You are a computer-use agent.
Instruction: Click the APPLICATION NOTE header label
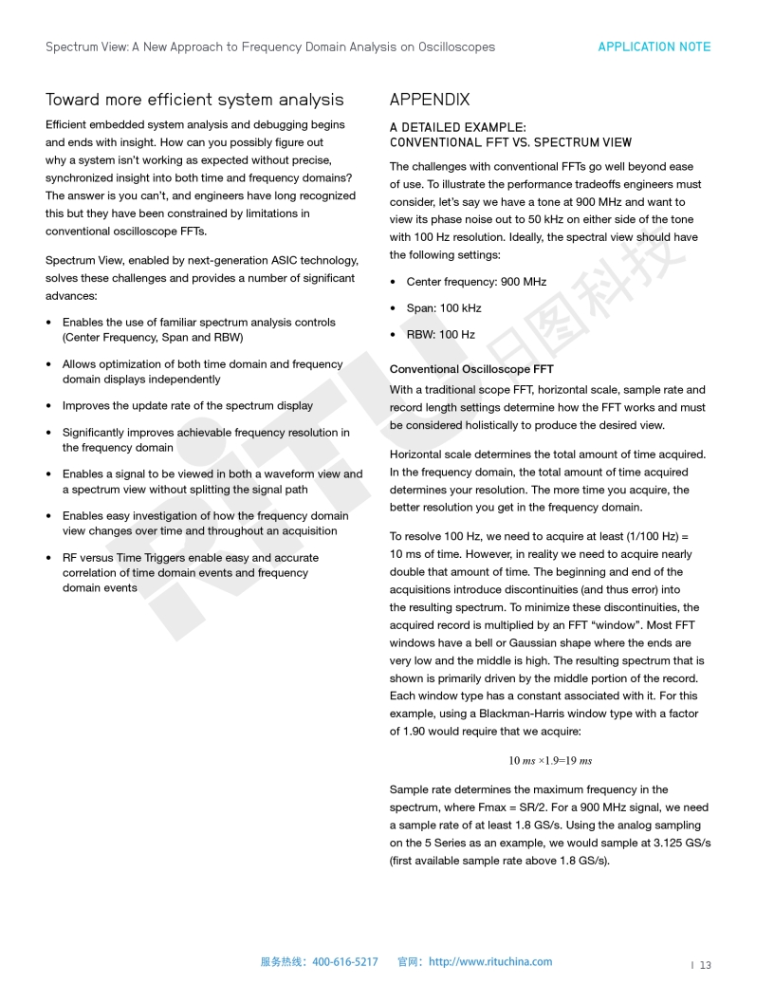pyautogui.click(x=654, y=46)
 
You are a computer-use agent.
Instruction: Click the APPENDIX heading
pyautogui.click(x=430, y=100)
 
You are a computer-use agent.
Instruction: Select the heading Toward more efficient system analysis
pyautogui.click(x=194, y=100)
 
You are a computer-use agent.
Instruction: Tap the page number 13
pyautogui.click(x=706, y=965)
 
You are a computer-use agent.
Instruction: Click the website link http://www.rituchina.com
pyautogui.click(x=489, y=961)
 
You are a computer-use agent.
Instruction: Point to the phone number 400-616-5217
pyautogui.click(x=344, y=961)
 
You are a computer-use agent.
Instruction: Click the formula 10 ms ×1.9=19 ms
pyautogui.click(x=550, y=760)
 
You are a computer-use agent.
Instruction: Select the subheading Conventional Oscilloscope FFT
pyautogui.click(x=471, y=369)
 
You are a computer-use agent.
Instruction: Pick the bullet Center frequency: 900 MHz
pyautogui.click(x=476, y=282)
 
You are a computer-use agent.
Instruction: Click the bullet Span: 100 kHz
pyautogui.click(x=443, y=308)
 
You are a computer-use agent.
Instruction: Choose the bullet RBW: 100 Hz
pyautogui.click(x=440, y=334)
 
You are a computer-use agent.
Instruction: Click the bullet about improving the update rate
pyautogui.click(x=187, y=405)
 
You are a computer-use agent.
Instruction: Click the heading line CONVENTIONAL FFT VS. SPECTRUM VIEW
pyautogui.click(x=510, y=142)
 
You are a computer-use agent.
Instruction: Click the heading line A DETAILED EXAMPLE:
pyautogui.click(x=457, y=127)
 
